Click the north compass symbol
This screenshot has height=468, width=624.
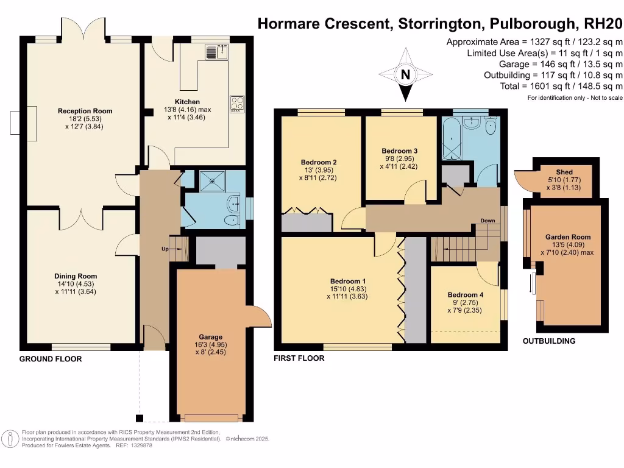tap(405, 76)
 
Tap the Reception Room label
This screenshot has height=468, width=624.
tap(85, 111)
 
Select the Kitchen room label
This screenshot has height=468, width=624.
tap(187, 102)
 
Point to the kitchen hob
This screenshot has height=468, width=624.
tap(236, 104)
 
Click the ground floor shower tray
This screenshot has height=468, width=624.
tap(213, 180)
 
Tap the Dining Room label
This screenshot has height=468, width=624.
tap(76, 276)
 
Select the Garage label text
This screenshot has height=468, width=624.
tap(210, 337)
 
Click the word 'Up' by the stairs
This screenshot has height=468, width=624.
tap(165, 249)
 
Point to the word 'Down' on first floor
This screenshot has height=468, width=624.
tap(487, 221)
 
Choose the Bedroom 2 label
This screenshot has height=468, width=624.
tap(319, 162)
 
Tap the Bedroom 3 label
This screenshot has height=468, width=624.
tap(399, 151)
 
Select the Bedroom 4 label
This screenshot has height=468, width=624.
tap(465, 295)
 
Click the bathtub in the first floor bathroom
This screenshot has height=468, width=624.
tap(452, 140)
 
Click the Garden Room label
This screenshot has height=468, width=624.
tap(567, 237)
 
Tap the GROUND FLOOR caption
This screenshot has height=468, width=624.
tap(51, 359)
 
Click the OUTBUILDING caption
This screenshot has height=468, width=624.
tap(548, 341)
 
